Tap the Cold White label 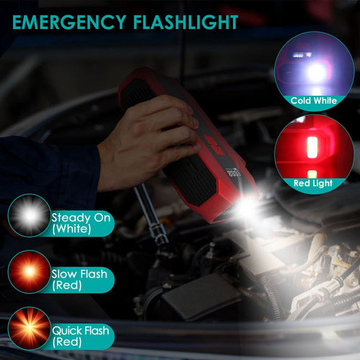click(313, 101)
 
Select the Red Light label click(313, 184)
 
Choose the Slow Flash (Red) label click(79, 279)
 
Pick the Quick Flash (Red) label click(81, 336)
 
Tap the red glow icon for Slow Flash click(29, 271)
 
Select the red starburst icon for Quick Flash click(29, 328)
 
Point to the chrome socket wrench click(153, 216)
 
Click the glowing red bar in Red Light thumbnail click(312, 148)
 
